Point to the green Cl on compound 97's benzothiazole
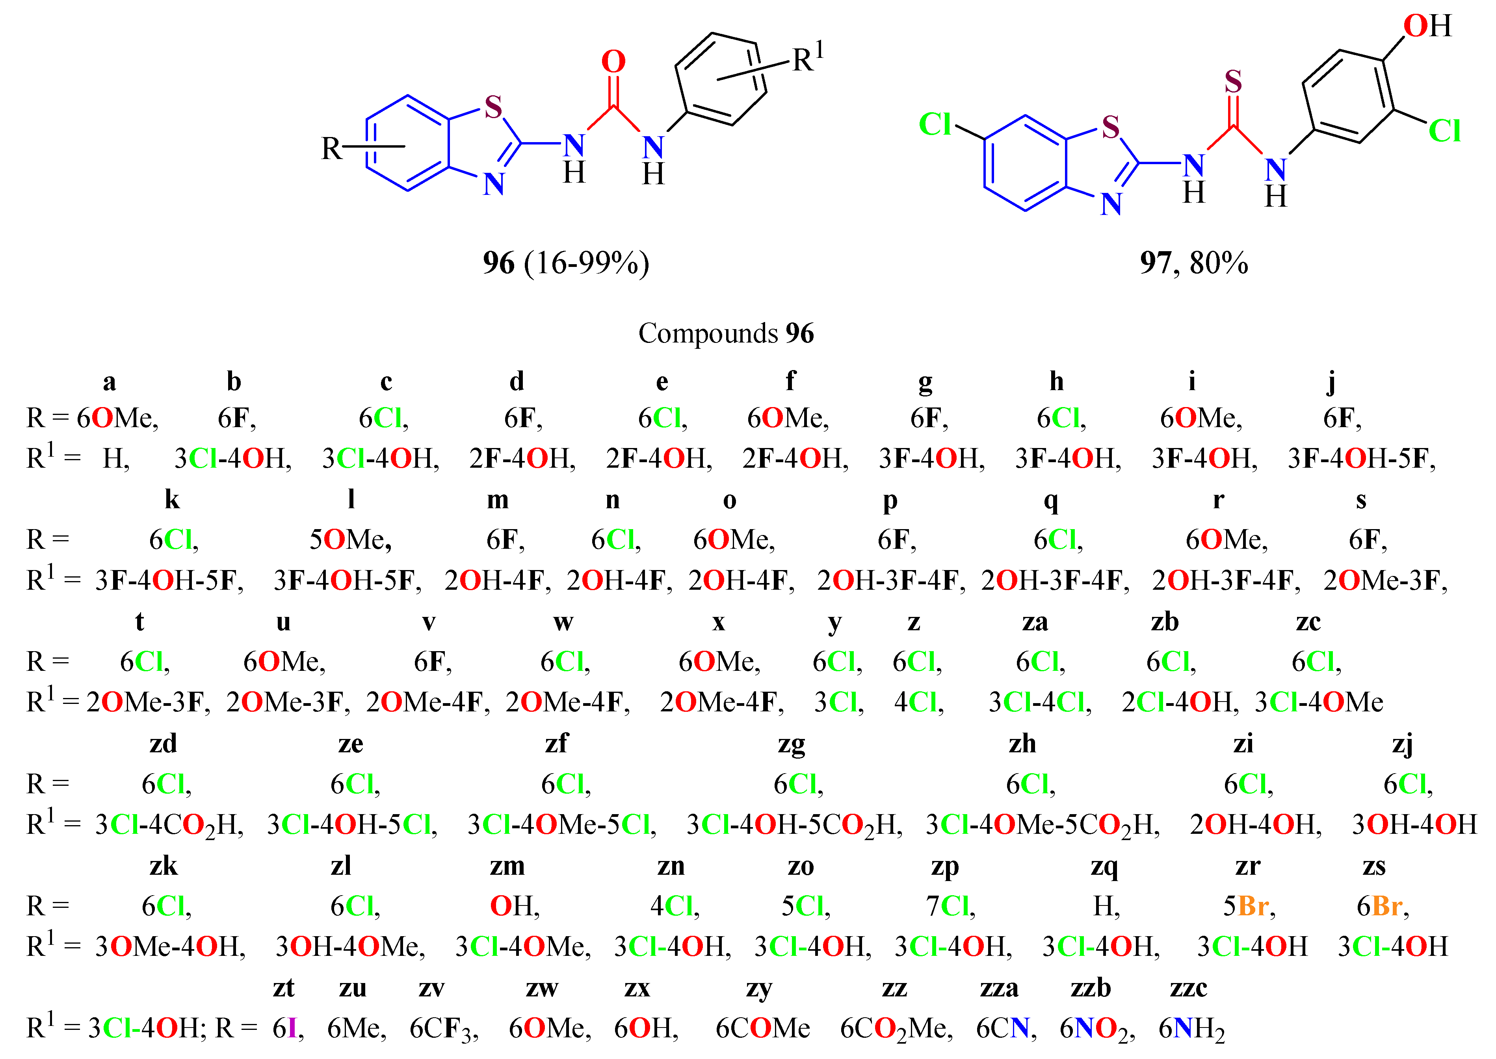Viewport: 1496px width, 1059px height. pyautogui.click(x=935, y=124)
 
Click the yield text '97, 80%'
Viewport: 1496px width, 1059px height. pyautogui.click(x=1193, y=263)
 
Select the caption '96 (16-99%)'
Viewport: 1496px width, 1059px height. pyautogui.click(x=566, y=263)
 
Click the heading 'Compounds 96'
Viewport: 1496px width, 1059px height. pyautogui.click(x=725, y=333)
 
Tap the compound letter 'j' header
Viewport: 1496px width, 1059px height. pyautogui.click(x=1331, y=381)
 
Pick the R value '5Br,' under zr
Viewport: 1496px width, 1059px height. pyautogui.click(x=1249, y=906)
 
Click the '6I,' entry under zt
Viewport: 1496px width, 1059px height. pyautogui.click(x=288, y=1028)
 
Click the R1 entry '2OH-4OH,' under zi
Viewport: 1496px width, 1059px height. pyautogui.click(x=1255, y=825)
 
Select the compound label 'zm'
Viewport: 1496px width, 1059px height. pyautogui.click(x=507, y=866)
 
